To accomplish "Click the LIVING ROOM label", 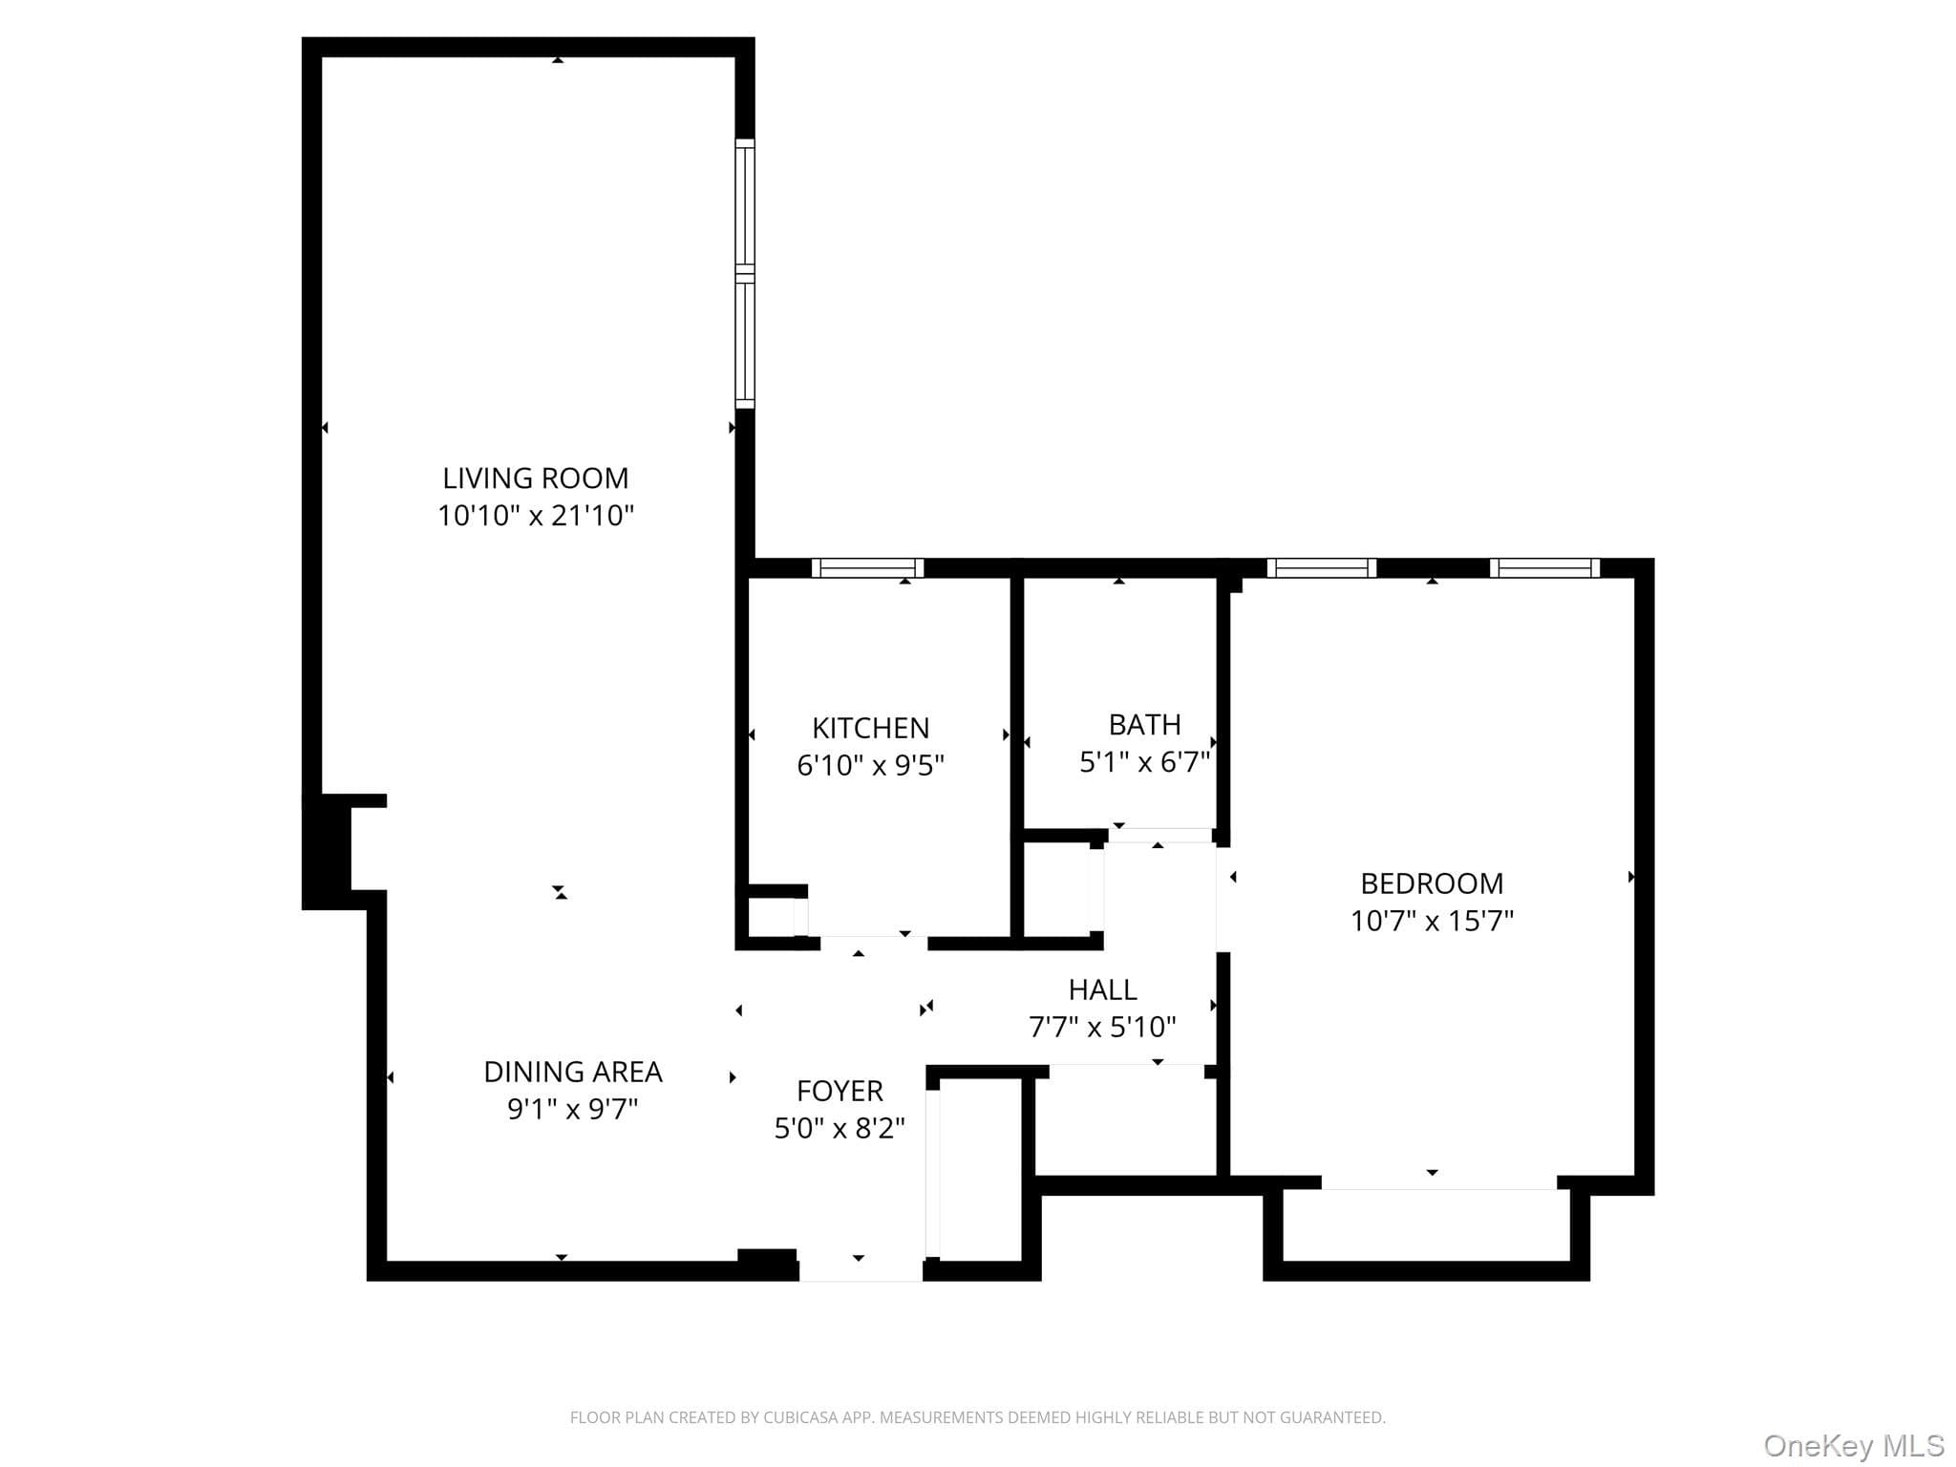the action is [x=535, y=478].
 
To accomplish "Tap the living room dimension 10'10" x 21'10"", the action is [x=536, y=516].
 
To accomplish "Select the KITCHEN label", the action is [x=870, y=728].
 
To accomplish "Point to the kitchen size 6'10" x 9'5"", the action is [x=870, y=765].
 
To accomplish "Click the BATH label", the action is [x=1144, y=725].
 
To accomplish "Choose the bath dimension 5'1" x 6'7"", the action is [x=1144, y=762].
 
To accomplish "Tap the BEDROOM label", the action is [x=1432, y=883].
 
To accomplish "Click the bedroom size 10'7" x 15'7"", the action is [x=1432, y=921].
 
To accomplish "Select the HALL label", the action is [x=1102, y=989].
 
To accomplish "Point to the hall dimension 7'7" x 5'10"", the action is [x=1102, y=1027].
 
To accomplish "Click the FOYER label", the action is [x=840, y=1091].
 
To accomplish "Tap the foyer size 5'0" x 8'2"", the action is [x=840, y=1128].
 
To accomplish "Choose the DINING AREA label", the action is [x=573, y=1072].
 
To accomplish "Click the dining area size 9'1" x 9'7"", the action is [x=573, y=1109].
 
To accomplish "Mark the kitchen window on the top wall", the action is [x=867, y=568].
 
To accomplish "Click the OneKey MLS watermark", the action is [x=1853, y=1446].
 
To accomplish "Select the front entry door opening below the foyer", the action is [x=861, y=1270].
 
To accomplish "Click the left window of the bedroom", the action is [x=1322, y=568].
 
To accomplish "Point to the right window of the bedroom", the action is [x=1544, y=568].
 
